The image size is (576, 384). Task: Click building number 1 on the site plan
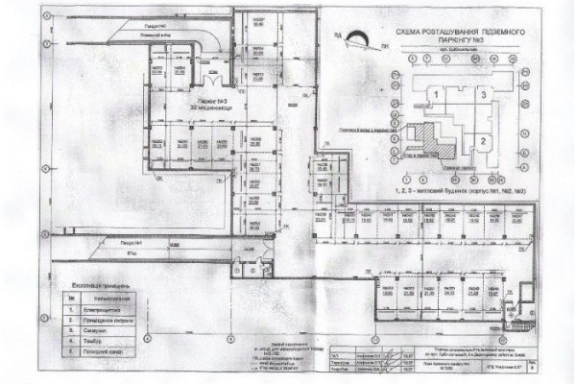(434, 94)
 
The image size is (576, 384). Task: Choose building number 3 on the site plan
(485, 92)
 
